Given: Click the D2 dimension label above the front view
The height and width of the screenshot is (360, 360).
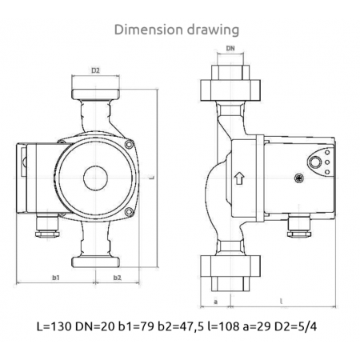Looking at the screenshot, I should tap(94, 71).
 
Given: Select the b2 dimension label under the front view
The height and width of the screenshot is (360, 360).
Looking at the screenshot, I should tap(117, 278).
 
